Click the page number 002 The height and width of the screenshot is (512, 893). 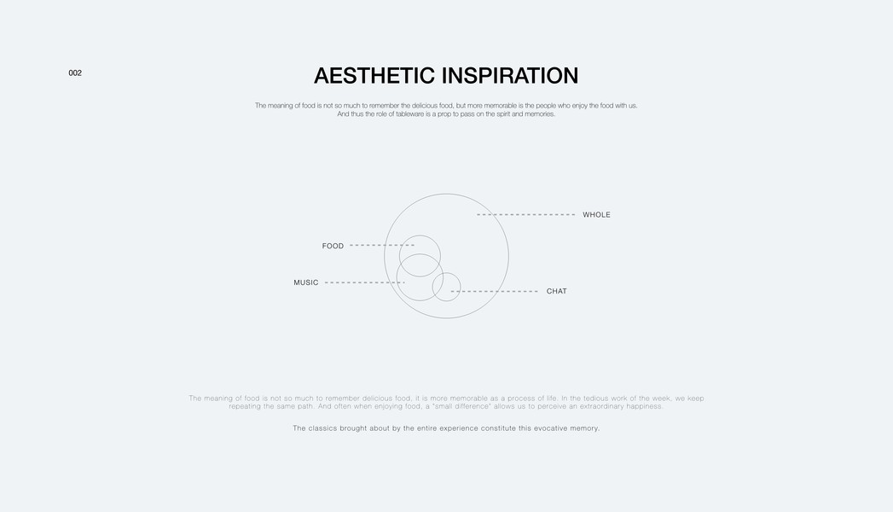pyautogui.click(x=75, y=73)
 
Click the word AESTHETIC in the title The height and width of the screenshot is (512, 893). pyautogui.click(x=374, y=76)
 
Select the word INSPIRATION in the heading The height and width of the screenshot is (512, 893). pyautogui.click(x=510, y=76)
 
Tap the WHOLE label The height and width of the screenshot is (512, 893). pyautogui.click(x=596, y=215)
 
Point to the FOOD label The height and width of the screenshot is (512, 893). pyautogui.click(x=333, y=246)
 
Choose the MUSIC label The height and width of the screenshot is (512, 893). pyautogui.click(x=306, y=282)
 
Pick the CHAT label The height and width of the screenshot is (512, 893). pyautogui.click(x=556, y=291)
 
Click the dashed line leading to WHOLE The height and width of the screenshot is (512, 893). pyautogui.click(x=525, y=215)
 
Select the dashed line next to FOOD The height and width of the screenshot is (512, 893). pyautogui.click(x=382, y=246)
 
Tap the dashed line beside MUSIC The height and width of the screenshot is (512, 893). pyautogui.click(x=364, y=282)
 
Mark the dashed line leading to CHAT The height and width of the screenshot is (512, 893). pyautogui.click(x=495, y=292)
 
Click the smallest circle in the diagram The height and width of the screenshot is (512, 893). pyautogui.click(x=432, y=287)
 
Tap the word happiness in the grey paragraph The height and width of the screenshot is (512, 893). pyautogui.click(x=646, y=407)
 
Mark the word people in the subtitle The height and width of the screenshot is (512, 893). pyautogui.click(x=546, y=106)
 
